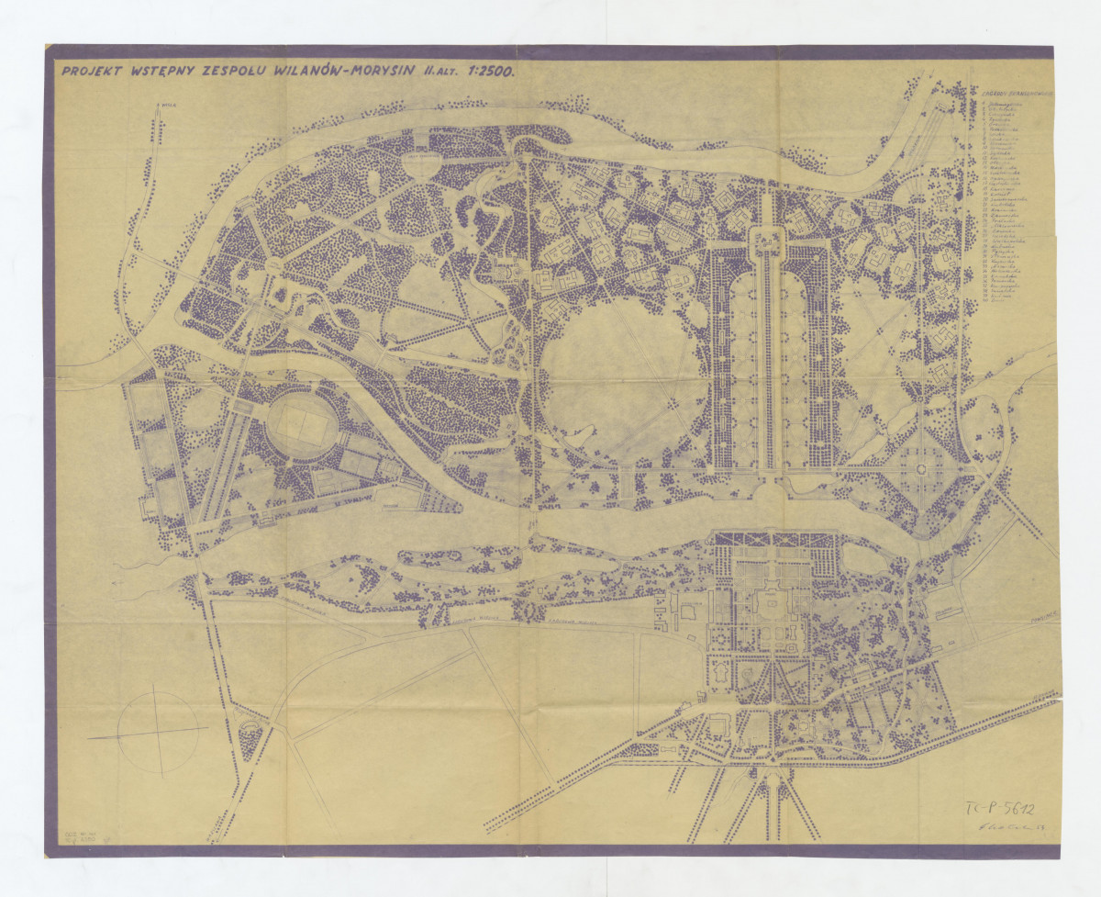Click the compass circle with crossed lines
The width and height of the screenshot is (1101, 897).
pyautogui.click(x=159, y=732)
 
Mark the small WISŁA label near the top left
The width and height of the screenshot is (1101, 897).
pyautogui.click(x=166, y=107)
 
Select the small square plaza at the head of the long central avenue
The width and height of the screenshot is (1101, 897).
pyautogui.click(x=769, y=241)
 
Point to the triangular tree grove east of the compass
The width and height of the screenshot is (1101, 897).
pyautogui.click(x=249, y=734)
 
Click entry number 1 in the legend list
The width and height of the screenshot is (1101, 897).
pyautogui.click(x=1005, y=105)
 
